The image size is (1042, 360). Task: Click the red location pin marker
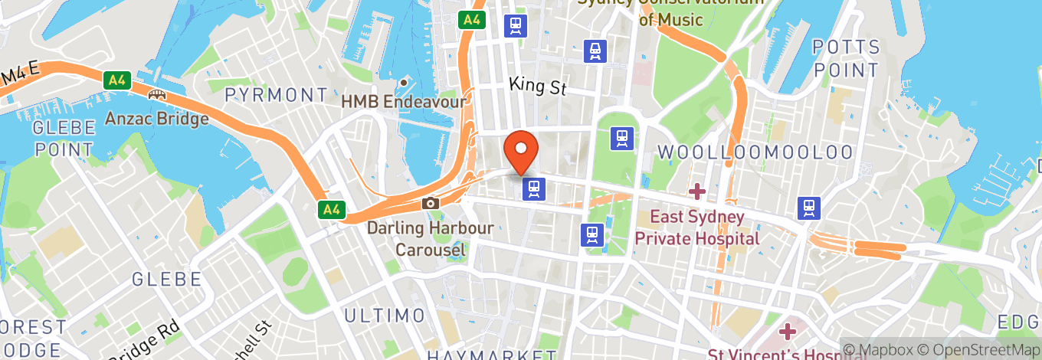click(x=521, y=151)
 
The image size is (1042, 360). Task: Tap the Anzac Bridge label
click(x=156, y=119)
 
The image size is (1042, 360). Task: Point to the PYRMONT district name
click(x=277, y=95)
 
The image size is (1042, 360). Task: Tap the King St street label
click(x=537, y=86)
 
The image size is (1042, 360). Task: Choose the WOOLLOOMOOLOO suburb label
click(x=755, y=152)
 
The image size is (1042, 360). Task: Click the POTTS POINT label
click(x=845, y=58)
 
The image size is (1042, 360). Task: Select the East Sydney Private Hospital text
click(x=696, y=227)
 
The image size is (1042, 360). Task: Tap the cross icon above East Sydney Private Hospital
click(x=696, y=190)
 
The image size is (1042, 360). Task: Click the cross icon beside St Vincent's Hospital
click(x=788, y=332)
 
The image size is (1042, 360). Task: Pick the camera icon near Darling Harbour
click(x=431, y=203)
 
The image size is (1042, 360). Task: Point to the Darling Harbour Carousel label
click(x=430, y=239)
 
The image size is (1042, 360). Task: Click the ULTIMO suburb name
click(x=384, y=315)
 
